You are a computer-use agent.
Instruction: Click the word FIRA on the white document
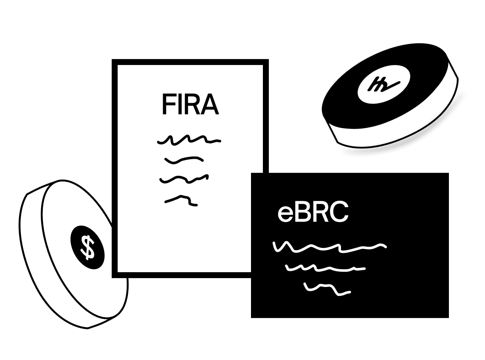(x=190, y=105)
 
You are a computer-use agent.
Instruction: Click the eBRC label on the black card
(x=313, y=213)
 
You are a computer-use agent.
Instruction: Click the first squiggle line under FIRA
(x=189, y=139)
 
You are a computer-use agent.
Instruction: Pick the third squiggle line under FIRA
(x=184, y=179)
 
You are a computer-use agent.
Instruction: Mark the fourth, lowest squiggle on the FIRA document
(x=181, y=200)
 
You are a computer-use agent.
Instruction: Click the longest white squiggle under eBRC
(x=330, y=247)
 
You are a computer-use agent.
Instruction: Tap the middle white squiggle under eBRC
(x=325, y=268)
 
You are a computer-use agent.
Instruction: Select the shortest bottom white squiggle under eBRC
(x=327, y=289)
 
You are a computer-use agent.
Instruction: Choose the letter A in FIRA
(x=211, y=105)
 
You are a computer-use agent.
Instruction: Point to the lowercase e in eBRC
(x=284, y=214)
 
